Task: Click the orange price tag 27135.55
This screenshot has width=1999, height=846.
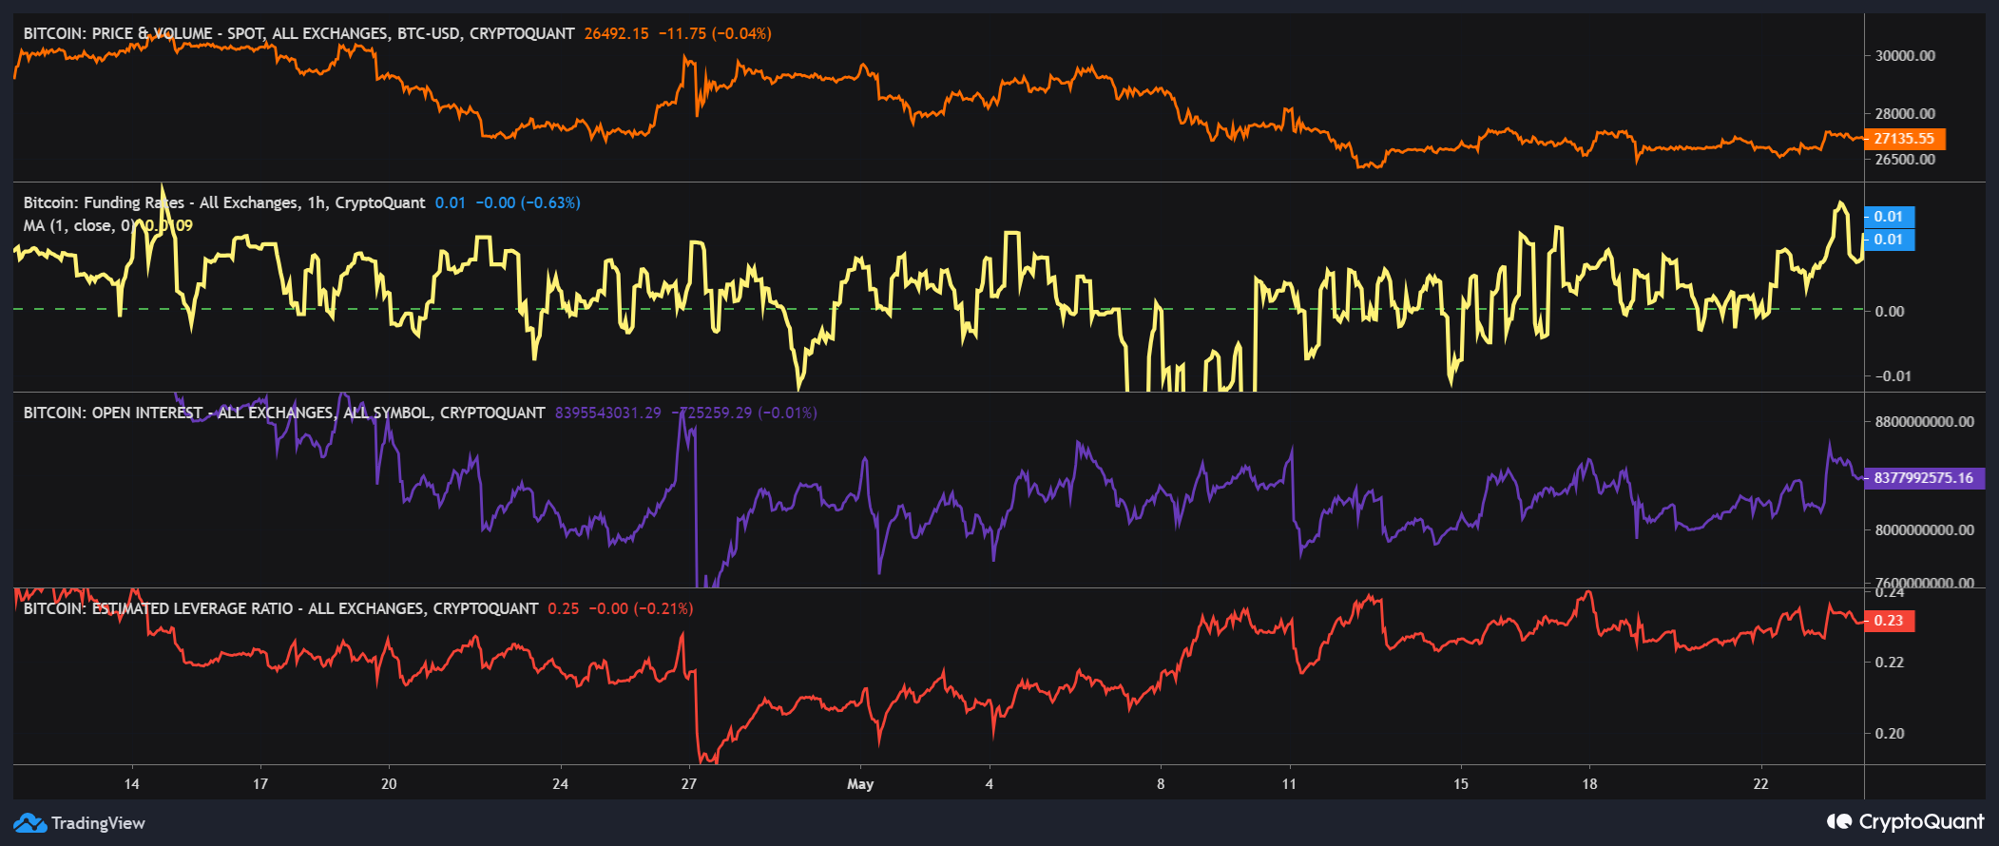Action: (1904, 139)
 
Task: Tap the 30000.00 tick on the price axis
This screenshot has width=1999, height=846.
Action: (1904, 55)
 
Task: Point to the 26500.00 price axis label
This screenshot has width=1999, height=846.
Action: (1904, 159)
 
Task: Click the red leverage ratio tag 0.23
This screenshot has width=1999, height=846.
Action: (1888, 621)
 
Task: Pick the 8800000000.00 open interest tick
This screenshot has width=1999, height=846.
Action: (1924, 421)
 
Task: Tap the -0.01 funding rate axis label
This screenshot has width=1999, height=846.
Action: (1893, 375)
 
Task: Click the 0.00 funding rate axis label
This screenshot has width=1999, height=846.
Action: (1890, 311)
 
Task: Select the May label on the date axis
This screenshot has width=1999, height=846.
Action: (859, 784)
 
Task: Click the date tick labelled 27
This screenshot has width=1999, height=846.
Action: (689, 784)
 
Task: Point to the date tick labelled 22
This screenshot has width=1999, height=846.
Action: (1760, 784)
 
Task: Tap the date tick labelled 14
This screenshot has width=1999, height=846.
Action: (131, 784)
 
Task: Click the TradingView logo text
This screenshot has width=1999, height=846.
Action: (97, 823)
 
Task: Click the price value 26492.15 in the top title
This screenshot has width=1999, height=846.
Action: (616, 33)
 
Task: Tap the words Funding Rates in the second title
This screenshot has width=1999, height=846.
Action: (134, 202)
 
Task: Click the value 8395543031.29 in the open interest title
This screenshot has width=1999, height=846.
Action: (607, 413)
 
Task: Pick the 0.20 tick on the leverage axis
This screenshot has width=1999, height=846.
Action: (1889, 733)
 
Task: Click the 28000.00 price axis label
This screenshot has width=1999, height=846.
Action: (1904, 113)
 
